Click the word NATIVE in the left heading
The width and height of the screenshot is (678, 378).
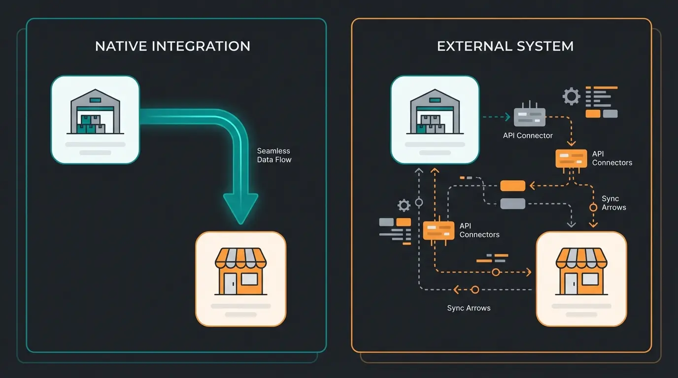click(x=121, y=46)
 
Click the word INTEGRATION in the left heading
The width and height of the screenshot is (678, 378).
click(x=201, y=46)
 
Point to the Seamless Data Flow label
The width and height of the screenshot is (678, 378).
click(x=274, y=155)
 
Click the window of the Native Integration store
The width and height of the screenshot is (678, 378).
click(x=249, y=280)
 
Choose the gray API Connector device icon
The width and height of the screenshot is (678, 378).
click(x=529, y=117)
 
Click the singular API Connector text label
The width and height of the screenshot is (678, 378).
click(x=528, y=135)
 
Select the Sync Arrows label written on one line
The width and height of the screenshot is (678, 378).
click(x=469, y=308)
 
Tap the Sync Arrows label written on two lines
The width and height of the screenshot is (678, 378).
click(x=613, y=203)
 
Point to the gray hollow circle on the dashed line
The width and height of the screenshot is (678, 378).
click(x=419, y=202)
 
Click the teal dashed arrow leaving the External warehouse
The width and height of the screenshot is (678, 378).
click(x=495, y=117)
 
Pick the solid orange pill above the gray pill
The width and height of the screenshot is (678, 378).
click(x=512, y=186)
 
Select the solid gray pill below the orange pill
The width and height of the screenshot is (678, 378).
click(x=512, y=203)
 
